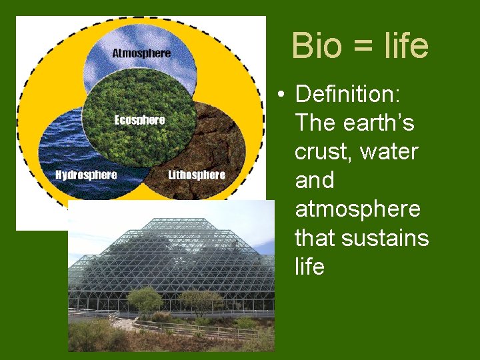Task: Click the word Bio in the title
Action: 316,46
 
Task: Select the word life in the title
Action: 406,46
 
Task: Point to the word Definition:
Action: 347,95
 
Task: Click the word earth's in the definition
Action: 385,123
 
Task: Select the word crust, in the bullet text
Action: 323,153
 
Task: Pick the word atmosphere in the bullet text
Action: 357,209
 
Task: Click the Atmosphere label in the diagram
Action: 141,53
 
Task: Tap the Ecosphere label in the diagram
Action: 139,120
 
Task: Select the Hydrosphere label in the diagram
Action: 86,175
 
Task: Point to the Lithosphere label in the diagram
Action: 197,175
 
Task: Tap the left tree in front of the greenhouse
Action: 145,299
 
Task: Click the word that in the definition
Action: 313,238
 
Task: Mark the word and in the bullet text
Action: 315,181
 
